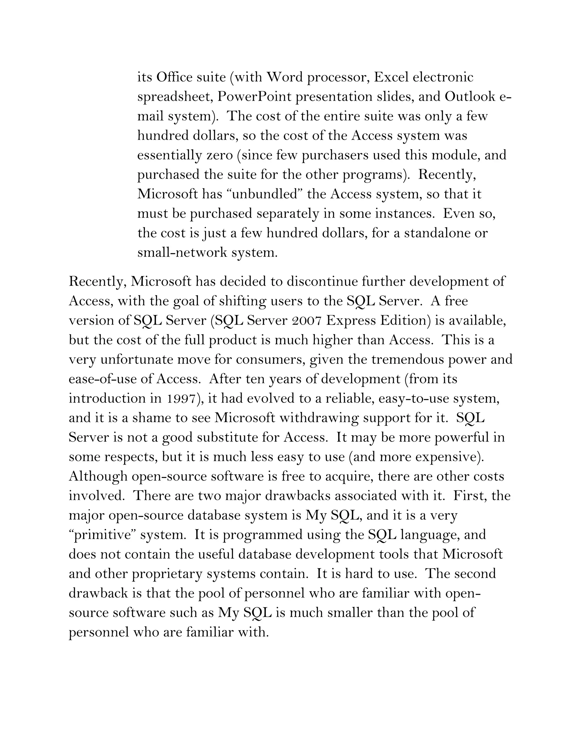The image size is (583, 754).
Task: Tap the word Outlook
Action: [x=470, y=97]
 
